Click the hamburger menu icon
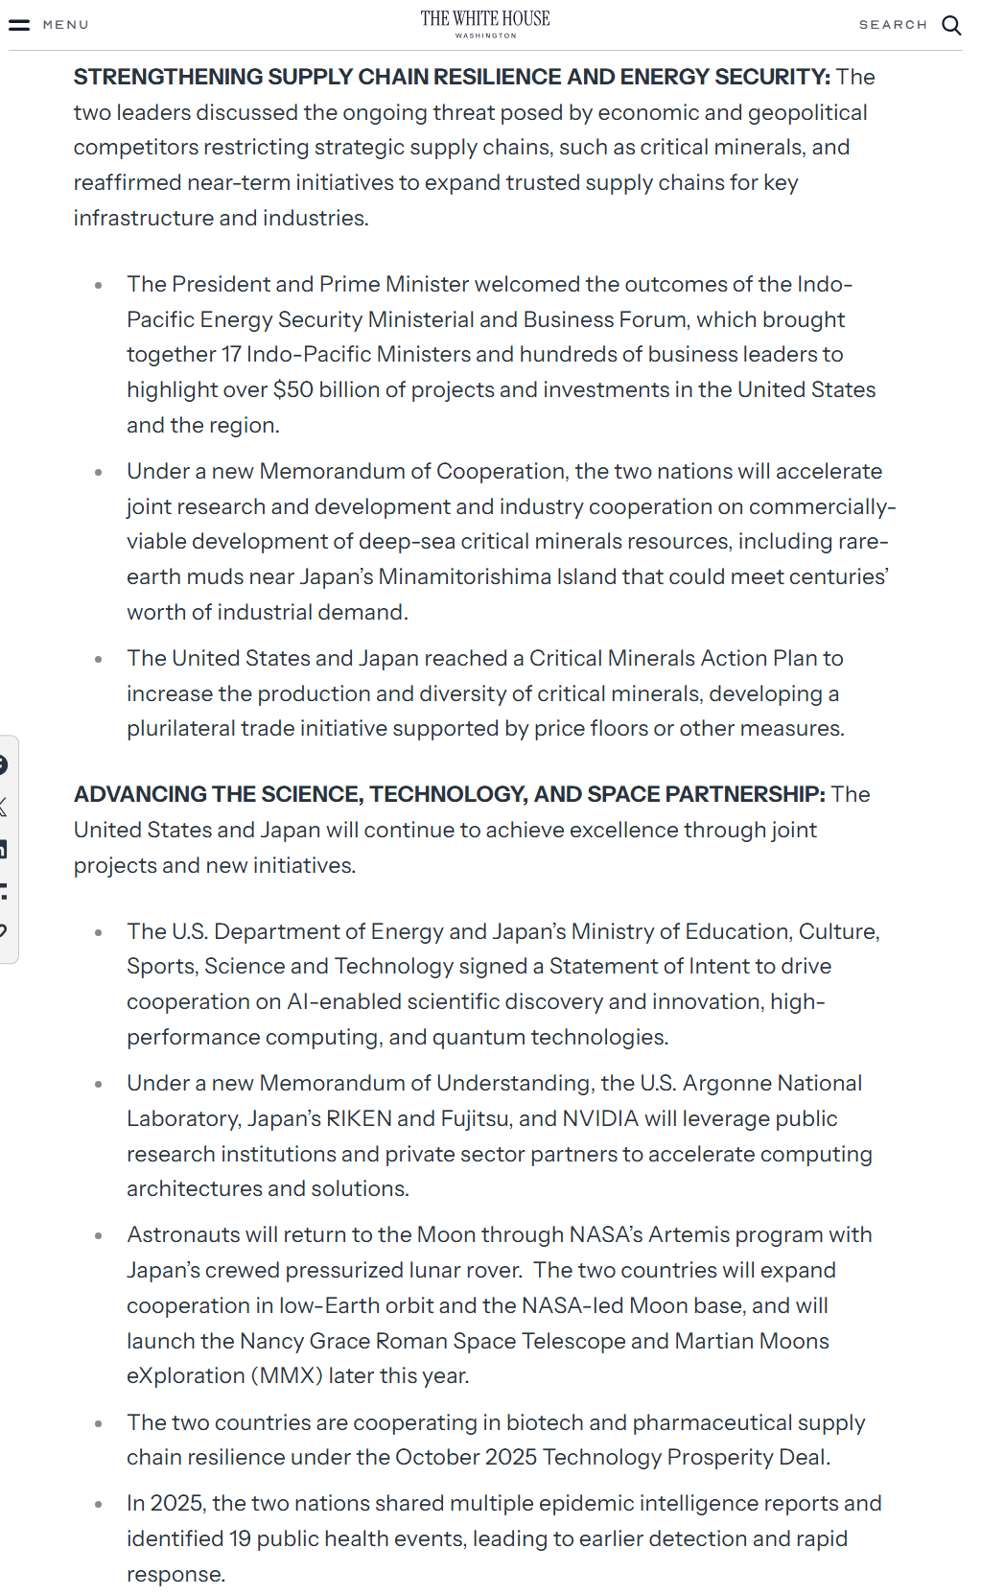pos(19,25)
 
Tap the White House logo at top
pos(485,23)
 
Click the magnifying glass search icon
pos(951,25)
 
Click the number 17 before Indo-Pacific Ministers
pos(231,355)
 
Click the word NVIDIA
pos(600,1119)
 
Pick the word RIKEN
pos(359,1119)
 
